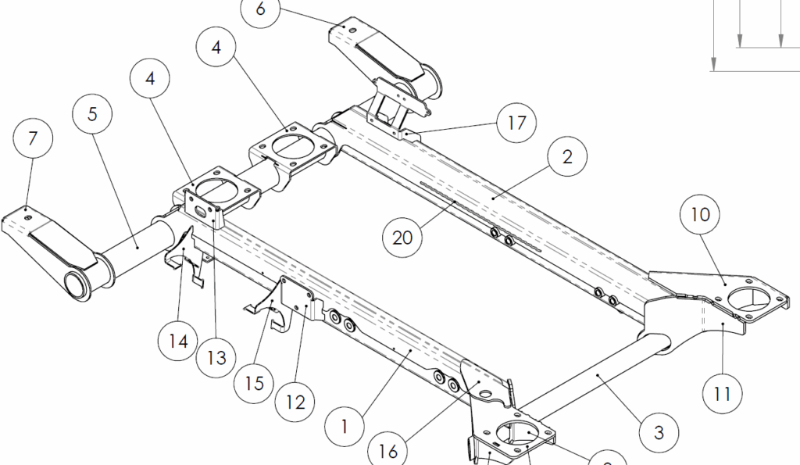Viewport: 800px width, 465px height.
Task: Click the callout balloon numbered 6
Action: coord(260,11)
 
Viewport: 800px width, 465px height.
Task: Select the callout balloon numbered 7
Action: coord(33,139)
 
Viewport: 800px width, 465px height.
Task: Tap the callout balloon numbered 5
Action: coord(92,114)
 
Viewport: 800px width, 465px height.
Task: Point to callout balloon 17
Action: coord(516,123)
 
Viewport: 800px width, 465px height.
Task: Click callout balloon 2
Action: coord(567,156)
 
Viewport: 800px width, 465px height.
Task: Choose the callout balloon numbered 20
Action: coord(402,236)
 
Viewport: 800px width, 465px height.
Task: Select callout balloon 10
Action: coord(701,213)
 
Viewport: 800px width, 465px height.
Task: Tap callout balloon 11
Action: coord(722,394)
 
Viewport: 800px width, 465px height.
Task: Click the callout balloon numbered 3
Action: coord(659,431)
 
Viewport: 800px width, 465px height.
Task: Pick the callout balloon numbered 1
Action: coord(345,426)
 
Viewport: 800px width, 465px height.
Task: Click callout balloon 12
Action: coord(295,403)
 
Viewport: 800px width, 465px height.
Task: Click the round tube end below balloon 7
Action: coord(76,284)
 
